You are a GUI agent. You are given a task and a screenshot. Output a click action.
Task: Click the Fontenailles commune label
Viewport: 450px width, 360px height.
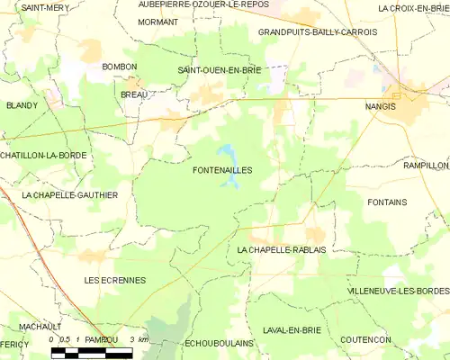coord(222,169)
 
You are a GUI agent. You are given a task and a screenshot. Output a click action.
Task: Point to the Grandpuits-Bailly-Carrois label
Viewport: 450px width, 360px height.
coord(317,31)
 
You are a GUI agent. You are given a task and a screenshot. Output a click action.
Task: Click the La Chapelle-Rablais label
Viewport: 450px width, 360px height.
coord(281,248)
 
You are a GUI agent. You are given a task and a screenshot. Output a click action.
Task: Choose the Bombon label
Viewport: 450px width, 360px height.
coord(120,67)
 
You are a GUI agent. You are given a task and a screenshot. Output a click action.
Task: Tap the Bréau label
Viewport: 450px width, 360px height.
coord(133,93)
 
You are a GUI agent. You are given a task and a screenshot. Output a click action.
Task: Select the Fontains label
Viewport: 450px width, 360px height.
coord(387,202)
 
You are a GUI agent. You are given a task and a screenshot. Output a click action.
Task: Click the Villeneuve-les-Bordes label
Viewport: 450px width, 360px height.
coord(397,291)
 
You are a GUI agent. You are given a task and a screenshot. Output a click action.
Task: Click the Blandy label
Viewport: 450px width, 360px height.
coord(22,105)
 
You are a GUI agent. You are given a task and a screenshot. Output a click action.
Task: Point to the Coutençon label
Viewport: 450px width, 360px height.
coord(365,339)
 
